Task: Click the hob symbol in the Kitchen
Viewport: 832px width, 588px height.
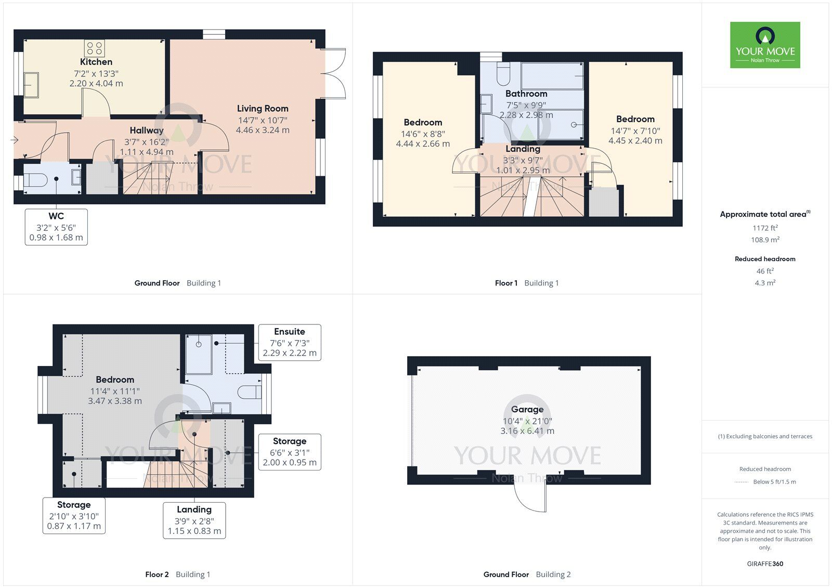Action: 95,48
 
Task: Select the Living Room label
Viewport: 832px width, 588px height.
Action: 263,109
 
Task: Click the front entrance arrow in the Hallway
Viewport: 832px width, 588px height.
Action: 14,140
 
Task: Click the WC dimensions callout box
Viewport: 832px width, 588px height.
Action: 56,227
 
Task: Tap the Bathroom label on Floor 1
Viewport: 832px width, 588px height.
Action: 526,94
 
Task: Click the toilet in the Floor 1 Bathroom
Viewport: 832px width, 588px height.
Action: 503,75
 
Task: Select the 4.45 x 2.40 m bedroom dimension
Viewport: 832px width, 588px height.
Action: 635,141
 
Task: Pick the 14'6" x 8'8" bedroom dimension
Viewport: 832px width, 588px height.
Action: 423,134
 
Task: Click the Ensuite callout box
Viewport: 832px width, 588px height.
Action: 290,342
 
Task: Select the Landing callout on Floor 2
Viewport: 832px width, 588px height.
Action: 194,520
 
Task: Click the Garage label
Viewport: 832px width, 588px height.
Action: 527,410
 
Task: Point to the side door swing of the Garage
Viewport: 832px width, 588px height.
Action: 530,497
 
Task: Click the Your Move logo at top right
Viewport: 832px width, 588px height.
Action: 765,45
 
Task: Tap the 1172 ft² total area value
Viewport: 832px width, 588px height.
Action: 765,228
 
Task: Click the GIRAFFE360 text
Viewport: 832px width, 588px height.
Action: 765,564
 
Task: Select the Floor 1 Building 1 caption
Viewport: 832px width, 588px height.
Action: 526,283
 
